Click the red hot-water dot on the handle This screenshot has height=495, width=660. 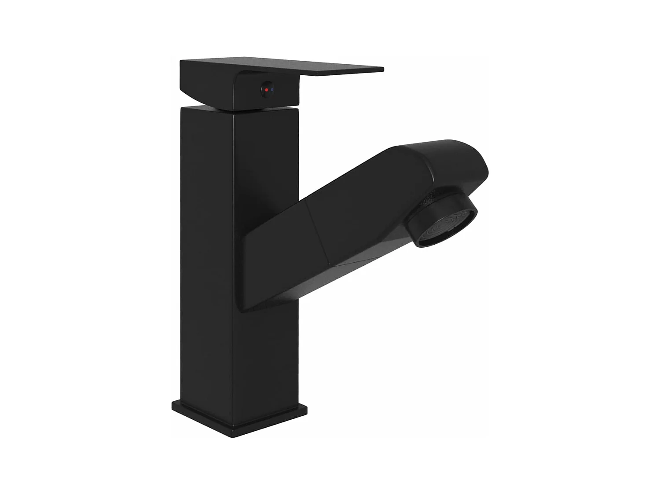[267, 89]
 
